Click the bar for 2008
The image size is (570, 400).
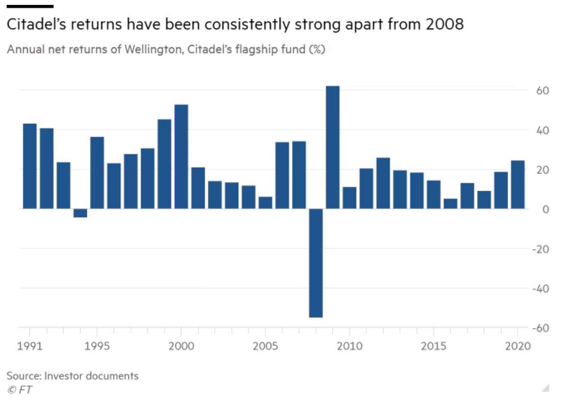coord(316,263)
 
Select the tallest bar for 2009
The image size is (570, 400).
coord(333,147)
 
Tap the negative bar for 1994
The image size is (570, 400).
coord(80,213)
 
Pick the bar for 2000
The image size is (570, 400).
coord(181,156)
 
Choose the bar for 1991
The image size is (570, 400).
coord(30,166)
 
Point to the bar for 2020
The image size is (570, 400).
coord(517,184)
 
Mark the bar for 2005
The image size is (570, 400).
coord(265,203)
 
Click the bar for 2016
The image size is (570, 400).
coord(450,204)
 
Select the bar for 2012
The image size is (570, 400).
coord(383,183)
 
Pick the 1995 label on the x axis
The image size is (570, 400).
coord(97,346)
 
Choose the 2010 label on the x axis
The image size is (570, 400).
coord(350,346)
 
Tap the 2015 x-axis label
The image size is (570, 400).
coord(434,346)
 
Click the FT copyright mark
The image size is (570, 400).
coord(20,390)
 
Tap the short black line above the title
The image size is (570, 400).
coord(30,6)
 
